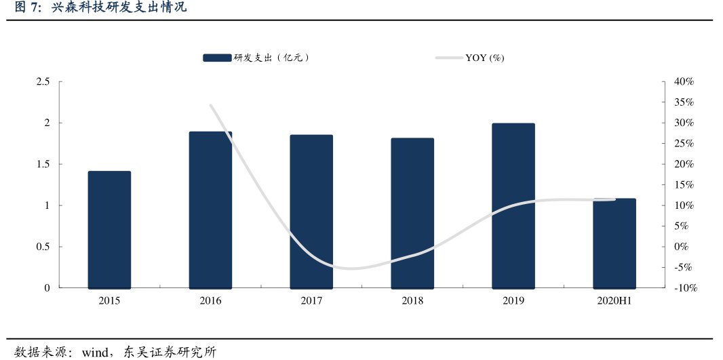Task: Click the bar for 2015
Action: [109, 230]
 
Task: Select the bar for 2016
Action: [210, 210]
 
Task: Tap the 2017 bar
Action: [311, 212]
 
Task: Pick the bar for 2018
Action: [412, 214]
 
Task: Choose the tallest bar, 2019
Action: [513, 206]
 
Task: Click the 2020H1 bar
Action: [614, 243]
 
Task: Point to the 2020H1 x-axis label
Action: [614, 300]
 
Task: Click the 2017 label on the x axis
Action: [311, 300]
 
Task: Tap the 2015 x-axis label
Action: [109, 300]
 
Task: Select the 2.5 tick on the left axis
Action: [43, 82]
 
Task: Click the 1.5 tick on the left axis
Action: [43, 164]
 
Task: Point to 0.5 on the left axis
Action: [43, 247]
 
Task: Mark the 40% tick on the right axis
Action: [684, 82]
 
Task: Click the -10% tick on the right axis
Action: [685, 288]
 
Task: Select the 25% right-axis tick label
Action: [684, 144]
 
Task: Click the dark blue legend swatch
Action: [217, 58]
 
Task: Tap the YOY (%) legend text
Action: [484, 58]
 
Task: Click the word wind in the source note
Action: [95, 353]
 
